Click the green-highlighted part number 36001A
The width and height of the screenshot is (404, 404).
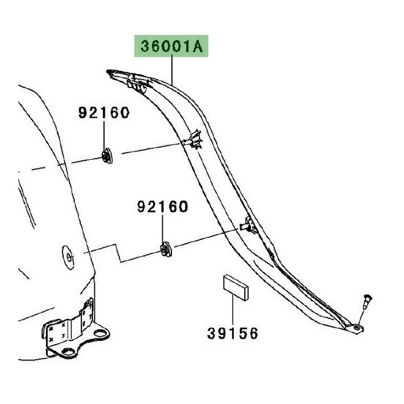coord(172,47)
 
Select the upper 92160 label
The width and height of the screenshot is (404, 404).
coord(103,113)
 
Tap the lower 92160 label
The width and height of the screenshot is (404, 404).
coord(162,208)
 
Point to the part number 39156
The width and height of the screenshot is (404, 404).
coord(232,334)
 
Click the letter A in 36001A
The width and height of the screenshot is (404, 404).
coord(199,47)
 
